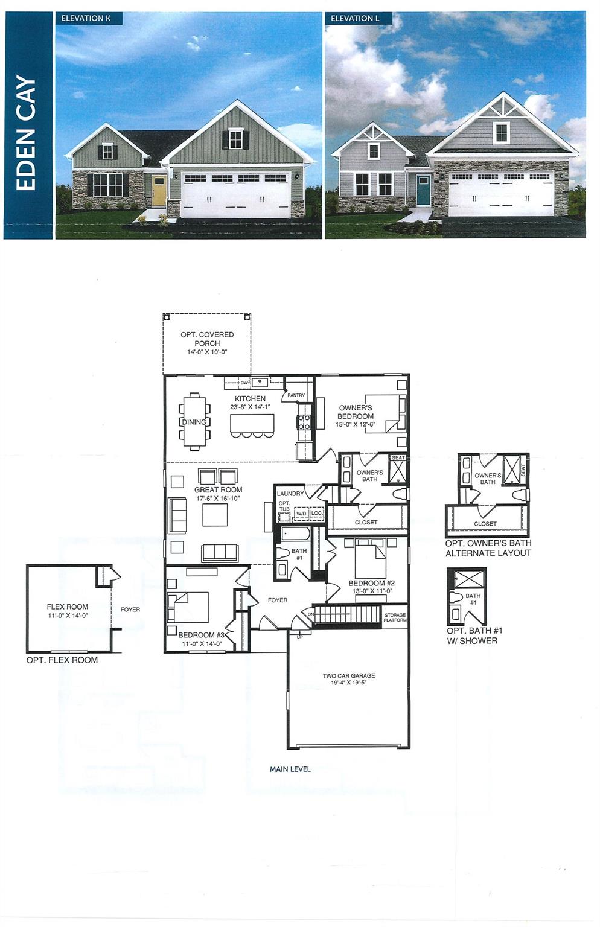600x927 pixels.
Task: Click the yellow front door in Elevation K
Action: [x=159, y=190]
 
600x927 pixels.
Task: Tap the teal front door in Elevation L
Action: [x=423, y=190]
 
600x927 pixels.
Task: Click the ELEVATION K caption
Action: [x=86, y=18]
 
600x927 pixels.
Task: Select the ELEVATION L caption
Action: [x=355, y=18]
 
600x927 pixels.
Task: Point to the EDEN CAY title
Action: [x=26, y=133]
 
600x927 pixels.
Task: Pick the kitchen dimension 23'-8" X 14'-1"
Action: [x=250, y=407]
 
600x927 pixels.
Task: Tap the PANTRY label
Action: [x=296, y=395]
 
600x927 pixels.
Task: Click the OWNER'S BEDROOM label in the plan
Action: [x=355, y=412]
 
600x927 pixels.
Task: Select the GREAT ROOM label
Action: [x=218, y=490]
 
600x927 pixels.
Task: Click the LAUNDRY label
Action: [x=290, y=494]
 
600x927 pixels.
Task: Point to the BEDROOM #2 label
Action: [x=371, y=584]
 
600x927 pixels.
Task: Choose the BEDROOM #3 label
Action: [x=201, y=635]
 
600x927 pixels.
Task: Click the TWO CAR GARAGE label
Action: [x=348, y=676]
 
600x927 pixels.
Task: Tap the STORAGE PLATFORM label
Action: [x=395, y=617]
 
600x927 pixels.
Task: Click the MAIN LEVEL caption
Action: [x=290, y=769]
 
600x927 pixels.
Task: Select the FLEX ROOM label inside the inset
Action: [x=68, y=607]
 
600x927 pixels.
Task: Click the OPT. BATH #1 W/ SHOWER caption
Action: [x=474, y=636]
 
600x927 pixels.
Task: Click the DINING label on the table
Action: [x=194, y=422]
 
